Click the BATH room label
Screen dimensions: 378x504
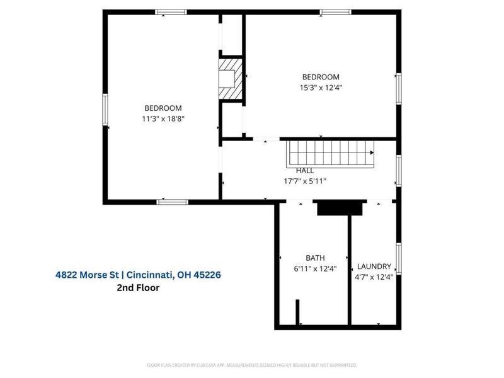315,258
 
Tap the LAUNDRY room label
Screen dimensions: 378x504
374,266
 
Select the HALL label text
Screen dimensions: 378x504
305,170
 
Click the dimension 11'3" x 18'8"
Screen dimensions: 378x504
163,118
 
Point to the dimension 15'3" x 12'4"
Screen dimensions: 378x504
321,88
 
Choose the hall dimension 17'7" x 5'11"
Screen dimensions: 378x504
305,181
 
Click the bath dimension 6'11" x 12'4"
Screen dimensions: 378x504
315,268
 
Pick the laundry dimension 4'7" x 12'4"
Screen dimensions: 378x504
375,277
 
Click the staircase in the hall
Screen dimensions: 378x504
331,152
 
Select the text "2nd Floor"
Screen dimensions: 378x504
138,288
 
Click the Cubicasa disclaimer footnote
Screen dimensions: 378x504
252,365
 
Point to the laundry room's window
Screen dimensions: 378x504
398,258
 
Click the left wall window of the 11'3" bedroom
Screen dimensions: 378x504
105,115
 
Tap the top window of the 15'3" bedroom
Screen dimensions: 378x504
335,11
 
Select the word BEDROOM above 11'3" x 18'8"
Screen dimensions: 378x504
163,108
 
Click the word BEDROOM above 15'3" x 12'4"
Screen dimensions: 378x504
321,77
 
